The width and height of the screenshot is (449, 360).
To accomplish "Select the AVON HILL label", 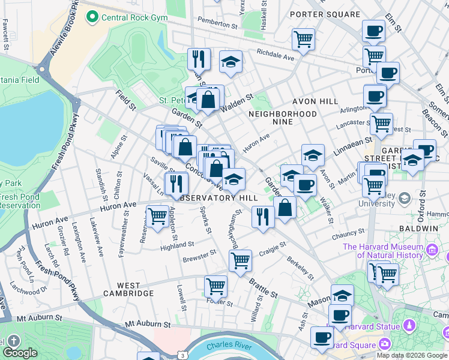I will tap(315, 101).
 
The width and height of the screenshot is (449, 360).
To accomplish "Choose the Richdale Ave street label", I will tap(275, 55).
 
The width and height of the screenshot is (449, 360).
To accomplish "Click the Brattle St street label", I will tap(265, 293).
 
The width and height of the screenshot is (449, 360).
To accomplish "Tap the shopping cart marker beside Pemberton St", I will tap(304, 39).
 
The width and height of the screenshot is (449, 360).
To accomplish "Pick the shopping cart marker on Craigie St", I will tap(240, 261).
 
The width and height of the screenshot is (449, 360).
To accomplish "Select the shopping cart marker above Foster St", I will tap(215, 286).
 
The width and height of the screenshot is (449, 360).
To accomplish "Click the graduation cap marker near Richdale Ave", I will tap(231, 62).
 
